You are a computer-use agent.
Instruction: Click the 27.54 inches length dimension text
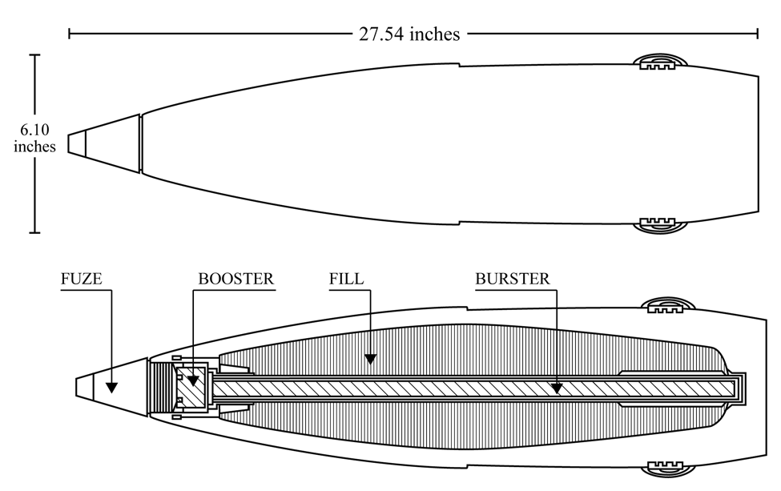point(409,34)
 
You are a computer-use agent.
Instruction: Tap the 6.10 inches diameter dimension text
point(34,138)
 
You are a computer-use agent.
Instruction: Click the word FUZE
point(81,279)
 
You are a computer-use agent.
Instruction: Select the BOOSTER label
point(236,279)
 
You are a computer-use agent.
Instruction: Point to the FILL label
point(346,279)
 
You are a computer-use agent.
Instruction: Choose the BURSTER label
point(513,279)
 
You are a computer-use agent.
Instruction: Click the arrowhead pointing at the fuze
point(111,388)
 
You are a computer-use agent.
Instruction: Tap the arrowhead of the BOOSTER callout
point(193,381)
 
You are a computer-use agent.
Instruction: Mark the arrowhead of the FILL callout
point(370,359)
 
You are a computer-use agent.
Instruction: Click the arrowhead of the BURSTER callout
point(557,388)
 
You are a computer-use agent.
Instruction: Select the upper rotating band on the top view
point(660,62)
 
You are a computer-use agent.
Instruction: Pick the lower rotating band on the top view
point(660,224)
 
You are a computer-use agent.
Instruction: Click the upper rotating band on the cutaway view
point(668,306)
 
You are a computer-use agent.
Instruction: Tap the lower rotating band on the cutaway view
point(668,469)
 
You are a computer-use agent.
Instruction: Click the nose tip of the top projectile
point(69,143)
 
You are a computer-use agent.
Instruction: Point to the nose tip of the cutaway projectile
point(77,387)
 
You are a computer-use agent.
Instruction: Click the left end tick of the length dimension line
point(69,34)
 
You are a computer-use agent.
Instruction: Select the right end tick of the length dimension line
point(758,34)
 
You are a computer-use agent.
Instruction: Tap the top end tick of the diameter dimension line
point(35,54)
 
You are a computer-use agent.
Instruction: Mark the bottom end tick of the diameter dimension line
point(35,232)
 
